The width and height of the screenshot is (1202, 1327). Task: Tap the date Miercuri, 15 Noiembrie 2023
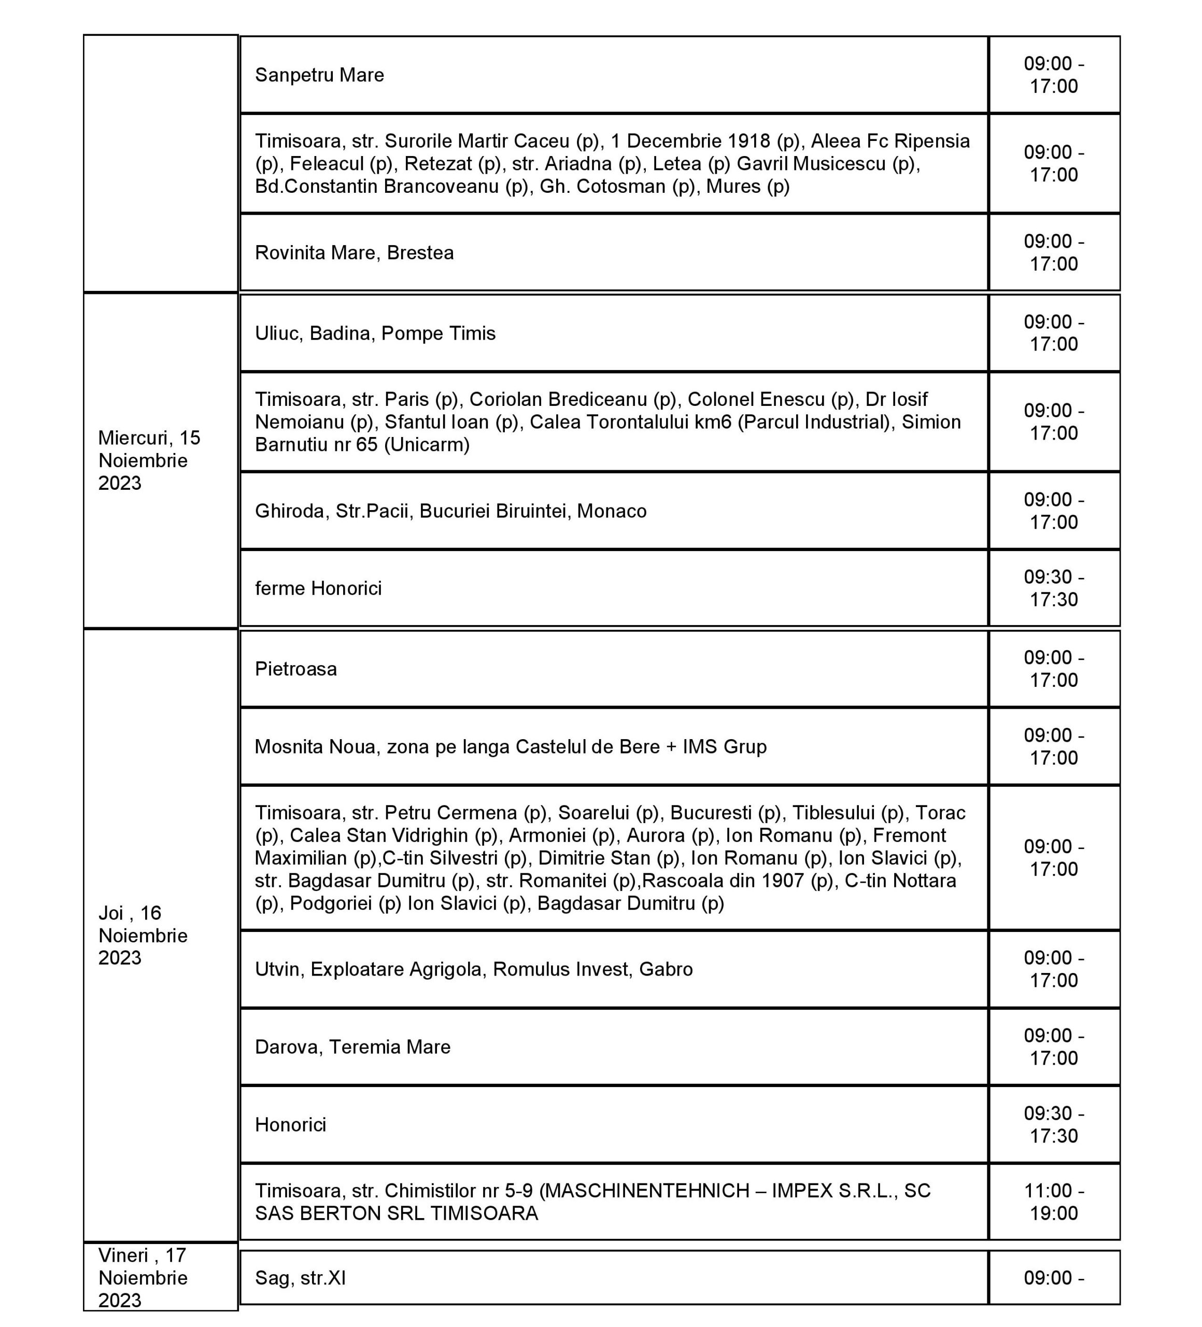(x=149, y=460)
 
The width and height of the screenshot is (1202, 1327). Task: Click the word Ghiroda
(x=290, y=511)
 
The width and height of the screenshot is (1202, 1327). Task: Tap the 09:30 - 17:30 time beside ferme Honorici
(x=1053, y=588)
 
